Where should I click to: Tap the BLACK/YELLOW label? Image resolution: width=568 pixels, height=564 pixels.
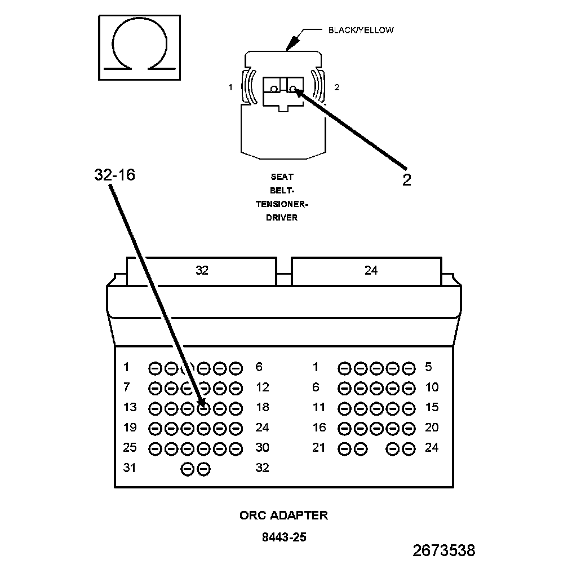361,30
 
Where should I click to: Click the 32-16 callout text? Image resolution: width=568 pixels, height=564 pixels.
114,175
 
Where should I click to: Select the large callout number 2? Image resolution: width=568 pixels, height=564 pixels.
406,180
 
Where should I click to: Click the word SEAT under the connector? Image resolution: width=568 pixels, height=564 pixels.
282,177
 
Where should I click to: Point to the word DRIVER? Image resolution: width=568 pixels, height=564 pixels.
282,217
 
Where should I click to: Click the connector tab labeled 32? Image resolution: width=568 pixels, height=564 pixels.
202,271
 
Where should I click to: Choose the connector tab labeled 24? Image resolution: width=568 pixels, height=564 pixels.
371,271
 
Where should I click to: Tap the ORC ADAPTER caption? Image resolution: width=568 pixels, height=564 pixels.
283,515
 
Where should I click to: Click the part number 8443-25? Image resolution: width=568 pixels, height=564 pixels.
284,537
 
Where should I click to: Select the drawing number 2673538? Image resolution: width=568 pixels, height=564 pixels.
443,550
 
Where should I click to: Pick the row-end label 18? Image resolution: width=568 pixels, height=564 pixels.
262,407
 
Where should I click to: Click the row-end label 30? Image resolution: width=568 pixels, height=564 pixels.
262,447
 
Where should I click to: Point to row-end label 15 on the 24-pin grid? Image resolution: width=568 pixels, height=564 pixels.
431,407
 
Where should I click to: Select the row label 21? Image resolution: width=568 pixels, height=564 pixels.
319,447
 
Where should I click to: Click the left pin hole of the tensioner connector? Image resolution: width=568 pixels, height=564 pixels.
274,89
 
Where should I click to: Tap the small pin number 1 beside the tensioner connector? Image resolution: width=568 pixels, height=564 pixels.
230,87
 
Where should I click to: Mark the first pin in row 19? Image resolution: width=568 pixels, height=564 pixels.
154,428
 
